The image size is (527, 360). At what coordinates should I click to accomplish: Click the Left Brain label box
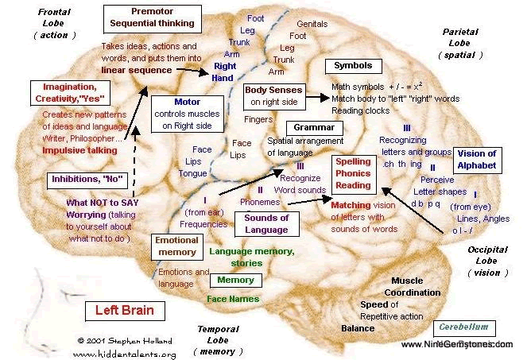pyautogui.click(x=126, y=309)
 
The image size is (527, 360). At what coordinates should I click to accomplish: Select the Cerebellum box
pyautogui.click(x=465, y=327)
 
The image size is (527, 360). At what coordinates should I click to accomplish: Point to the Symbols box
pyautogui.click(x=352, y=65)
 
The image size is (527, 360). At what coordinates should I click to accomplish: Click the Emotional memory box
pyautogui.click(x=176, y=246)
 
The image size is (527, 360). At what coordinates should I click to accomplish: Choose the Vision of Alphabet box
pyautogui.click(x=476, y=160)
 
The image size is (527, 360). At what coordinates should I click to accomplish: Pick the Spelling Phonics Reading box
pyautogui.click(x=352, y=172)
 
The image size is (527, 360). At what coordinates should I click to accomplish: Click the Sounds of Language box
pyautogui.click(x=265, y=223)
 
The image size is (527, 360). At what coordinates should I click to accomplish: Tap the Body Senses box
pyautogui.click(x=272, y=95)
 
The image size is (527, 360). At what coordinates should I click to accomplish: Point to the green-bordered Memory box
pyautogui.click(x=236, y=280)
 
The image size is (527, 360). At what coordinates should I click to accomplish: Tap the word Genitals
pyautogui.click(x=312, y=24)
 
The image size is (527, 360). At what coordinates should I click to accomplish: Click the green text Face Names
pyautogui.click(x=232, y=299)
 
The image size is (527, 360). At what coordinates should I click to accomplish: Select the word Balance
pyautogui.click(x=358, y=327)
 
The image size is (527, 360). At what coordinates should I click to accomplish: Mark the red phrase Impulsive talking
pyautogui.click(x=79, y=149)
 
